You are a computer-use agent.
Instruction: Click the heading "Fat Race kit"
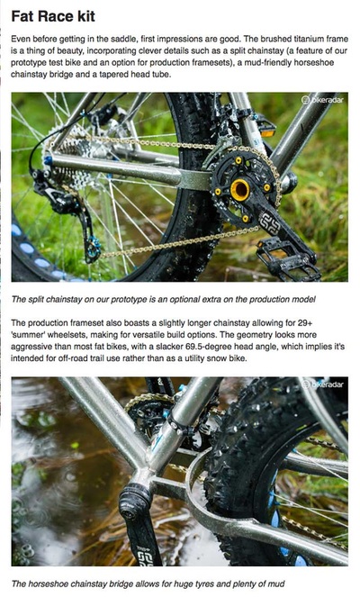[53, 16]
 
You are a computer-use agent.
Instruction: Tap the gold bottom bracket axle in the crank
[240, 190]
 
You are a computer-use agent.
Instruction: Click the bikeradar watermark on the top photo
[322, 100]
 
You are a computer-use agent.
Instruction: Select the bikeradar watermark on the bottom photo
[322, 384]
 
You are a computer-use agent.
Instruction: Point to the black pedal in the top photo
[288, 260]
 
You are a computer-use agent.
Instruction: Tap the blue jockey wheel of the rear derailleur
[94, 249]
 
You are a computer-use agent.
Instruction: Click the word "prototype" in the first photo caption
[129, 299]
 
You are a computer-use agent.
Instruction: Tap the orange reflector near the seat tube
[268, 133]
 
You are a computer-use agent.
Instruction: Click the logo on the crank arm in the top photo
[269, 222]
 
